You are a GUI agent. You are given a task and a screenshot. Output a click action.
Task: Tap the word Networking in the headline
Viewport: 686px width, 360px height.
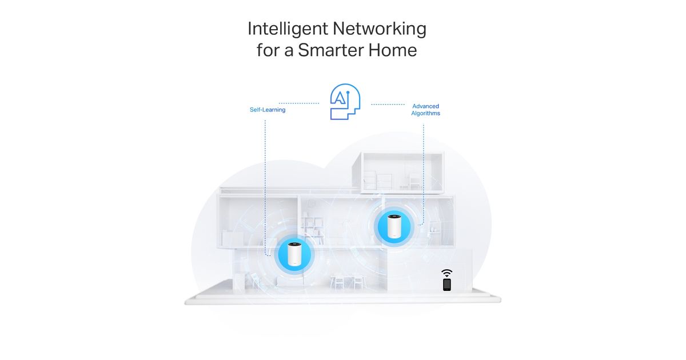pyautogui.click(x=380, y=29)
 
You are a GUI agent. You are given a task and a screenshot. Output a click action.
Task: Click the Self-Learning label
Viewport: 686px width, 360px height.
pyautogui.click(x=268, y=110)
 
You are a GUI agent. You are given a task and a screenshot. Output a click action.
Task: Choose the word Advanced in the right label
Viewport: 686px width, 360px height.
pyautogui.click(x=425, y=106)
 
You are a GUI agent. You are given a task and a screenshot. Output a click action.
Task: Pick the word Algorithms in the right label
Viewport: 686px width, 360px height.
pyautogui.click(x=425, y=114)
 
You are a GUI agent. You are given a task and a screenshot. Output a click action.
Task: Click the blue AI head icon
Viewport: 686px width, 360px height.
pyautogui.click(x=345, y=102)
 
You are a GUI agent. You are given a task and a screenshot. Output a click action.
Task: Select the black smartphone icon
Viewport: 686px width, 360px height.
pyautogui.click(x=447, y=284)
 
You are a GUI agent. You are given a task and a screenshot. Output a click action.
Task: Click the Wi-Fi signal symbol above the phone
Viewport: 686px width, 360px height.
pyautogui.click(x=447, y=273)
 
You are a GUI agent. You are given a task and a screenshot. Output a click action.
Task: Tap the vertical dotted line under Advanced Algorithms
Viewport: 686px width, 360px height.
pyautogui.click(x=423, y=171)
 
